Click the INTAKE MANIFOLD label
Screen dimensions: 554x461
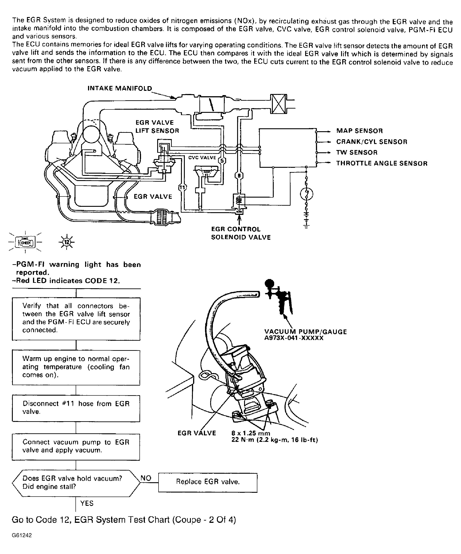[120, 88]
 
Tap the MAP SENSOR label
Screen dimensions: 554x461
[359, 131]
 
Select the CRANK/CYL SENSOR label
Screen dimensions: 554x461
[371, 142]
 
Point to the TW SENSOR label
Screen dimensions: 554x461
[357, 153]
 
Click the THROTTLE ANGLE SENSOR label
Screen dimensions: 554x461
[382, 163]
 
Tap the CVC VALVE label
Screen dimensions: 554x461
[202, 157]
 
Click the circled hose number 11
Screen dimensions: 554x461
[182, 187]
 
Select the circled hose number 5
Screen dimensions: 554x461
[222, 160]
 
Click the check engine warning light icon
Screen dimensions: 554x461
[25, 242]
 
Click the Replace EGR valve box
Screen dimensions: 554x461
[208, 482]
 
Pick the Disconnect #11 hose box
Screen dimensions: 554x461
[76, 408]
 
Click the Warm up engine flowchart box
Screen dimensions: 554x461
[76, 367]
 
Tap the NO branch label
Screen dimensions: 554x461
[146, 478]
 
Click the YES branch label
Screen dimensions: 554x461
[87, 503]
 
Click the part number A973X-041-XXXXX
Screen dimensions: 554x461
[294, 338]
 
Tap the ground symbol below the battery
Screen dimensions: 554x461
[306, 226]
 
